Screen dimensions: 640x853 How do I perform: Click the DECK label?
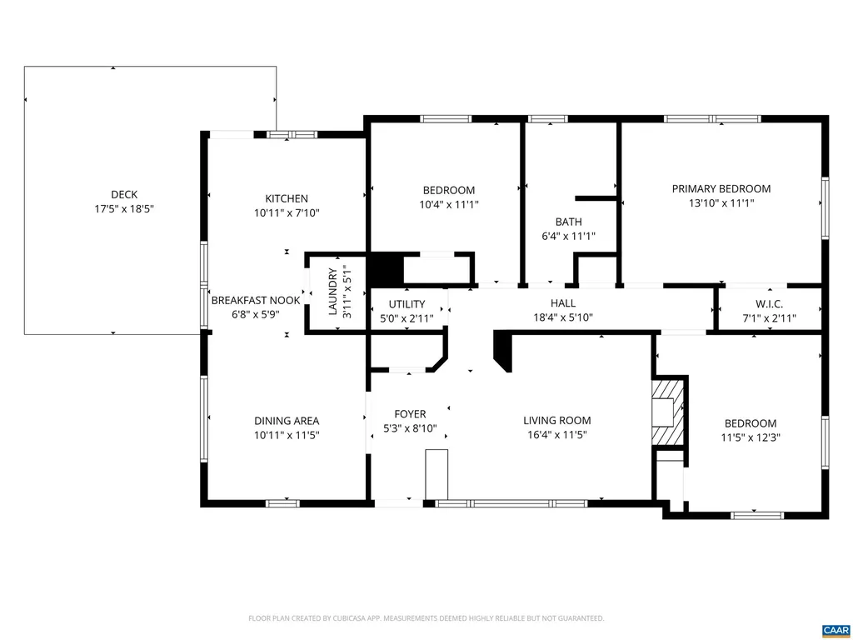click(123, 195)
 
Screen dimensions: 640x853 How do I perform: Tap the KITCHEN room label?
click(287, 198)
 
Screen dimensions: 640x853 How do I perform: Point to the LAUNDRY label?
click(333, 292)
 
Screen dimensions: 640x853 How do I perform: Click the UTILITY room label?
click(407, 304)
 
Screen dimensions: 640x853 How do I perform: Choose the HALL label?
click(563, 303)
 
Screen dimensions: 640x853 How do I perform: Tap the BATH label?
click(568, 222)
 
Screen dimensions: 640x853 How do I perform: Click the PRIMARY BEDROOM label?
click(721, 189)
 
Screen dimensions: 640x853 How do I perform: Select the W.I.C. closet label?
click(769, 304)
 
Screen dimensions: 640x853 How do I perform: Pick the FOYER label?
click(410, 414)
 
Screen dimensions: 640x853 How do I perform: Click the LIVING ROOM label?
click(556, 421)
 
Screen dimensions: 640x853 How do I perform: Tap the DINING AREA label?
click(287, 421)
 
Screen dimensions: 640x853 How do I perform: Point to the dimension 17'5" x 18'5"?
click(123, 209)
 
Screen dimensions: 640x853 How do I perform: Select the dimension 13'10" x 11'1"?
click(721, 203)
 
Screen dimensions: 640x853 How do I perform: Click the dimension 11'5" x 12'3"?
click(750, 437)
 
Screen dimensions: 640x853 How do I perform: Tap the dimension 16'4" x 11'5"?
click(556, 435)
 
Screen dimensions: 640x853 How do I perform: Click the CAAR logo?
click(834, 629)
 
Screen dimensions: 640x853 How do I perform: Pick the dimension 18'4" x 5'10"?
click(563, 317)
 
